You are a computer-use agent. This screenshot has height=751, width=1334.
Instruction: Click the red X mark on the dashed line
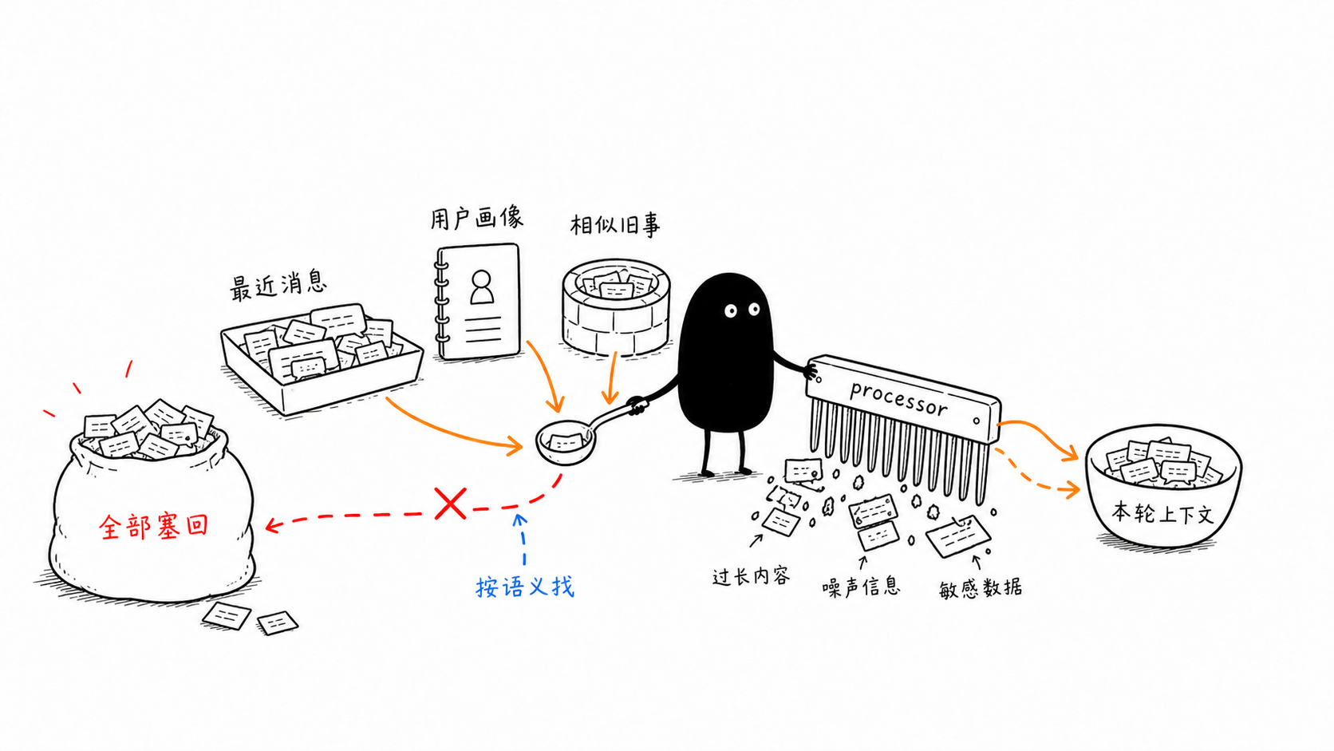(450, 504)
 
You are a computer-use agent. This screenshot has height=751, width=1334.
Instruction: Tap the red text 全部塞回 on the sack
(154, 527)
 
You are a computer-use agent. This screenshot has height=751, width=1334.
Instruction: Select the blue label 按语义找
(525, 587)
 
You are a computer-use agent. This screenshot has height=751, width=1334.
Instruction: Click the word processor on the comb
(898, 397)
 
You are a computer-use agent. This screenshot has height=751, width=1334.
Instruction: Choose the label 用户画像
(477, 217)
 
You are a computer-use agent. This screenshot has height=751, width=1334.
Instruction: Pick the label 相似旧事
(615, 225)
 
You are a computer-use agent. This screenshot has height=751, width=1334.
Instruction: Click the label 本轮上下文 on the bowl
(1162, 513)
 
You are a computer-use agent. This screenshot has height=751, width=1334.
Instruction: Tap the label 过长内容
(752, 576)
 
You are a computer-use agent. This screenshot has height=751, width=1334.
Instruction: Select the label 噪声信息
(861, 587)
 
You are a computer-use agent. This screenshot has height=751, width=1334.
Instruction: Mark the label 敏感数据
(981, 588)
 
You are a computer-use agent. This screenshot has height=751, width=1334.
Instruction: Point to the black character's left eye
(731, 311)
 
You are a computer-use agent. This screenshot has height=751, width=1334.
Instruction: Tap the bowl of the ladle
(565, 442)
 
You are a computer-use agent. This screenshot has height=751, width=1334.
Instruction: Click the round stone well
(617, 306)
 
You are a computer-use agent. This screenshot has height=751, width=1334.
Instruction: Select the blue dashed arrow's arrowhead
(520, 520)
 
